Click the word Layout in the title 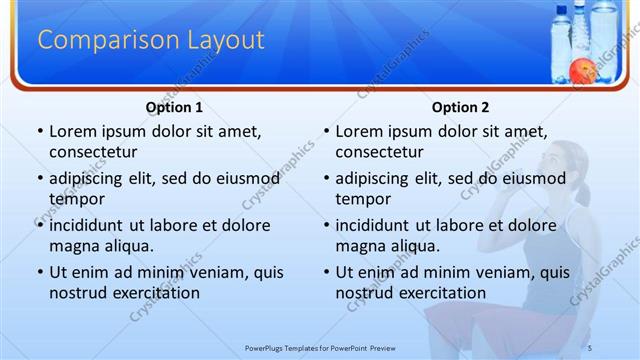click(x=225, y=40)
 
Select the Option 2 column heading click(x=461, y=107)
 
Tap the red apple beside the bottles click(x=582, y=70)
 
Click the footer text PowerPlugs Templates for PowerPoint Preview click(x=319, y=348)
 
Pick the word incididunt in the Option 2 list click(x=372, y=225)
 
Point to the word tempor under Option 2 click(x=362, y=199)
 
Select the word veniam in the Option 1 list click(x=207, y=272)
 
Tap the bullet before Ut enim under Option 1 click(x=39, y=272)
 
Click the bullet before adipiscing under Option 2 click(x=326, y=179)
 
